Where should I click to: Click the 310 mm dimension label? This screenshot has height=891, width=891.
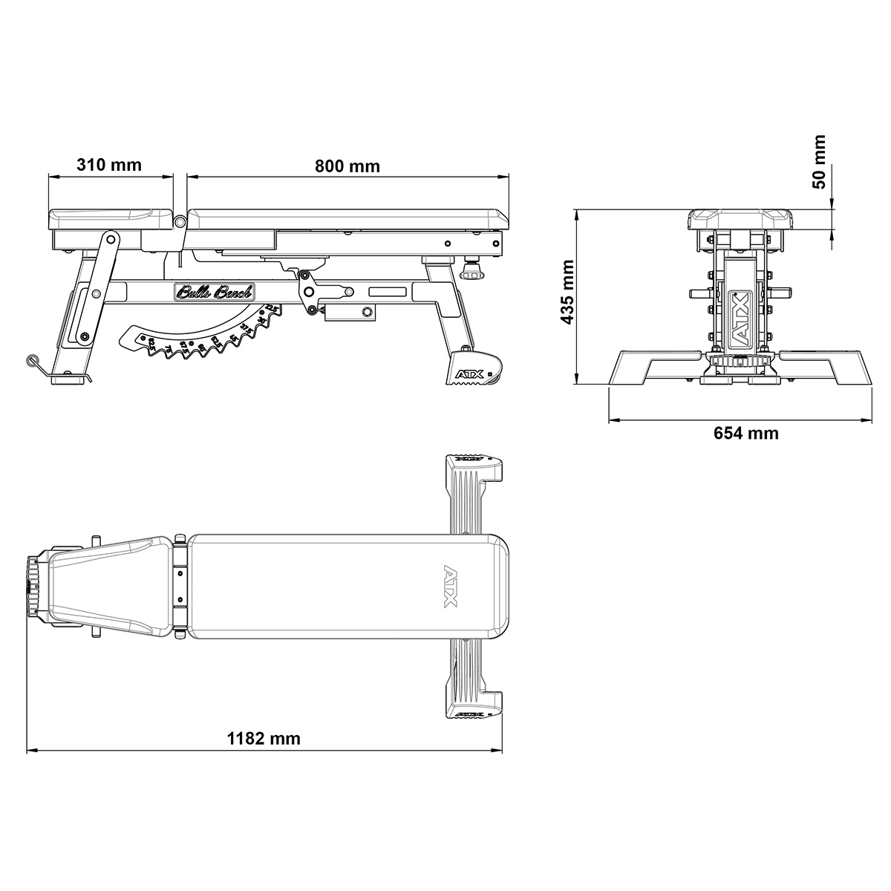click(109, 165)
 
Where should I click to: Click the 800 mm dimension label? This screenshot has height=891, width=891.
click(347, 166)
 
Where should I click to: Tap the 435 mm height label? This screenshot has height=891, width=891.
click(568, 292)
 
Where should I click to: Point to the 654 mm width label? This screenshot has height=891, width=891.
click(746, 433)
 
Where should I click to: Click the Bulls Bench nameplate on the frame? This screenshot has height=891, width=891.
click(215, 293)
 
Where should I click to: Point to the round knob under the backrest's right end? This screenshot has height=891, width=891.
click(471, 272)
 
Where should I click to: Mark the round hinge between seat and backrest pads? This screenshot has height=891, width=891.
click(180, 221)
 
